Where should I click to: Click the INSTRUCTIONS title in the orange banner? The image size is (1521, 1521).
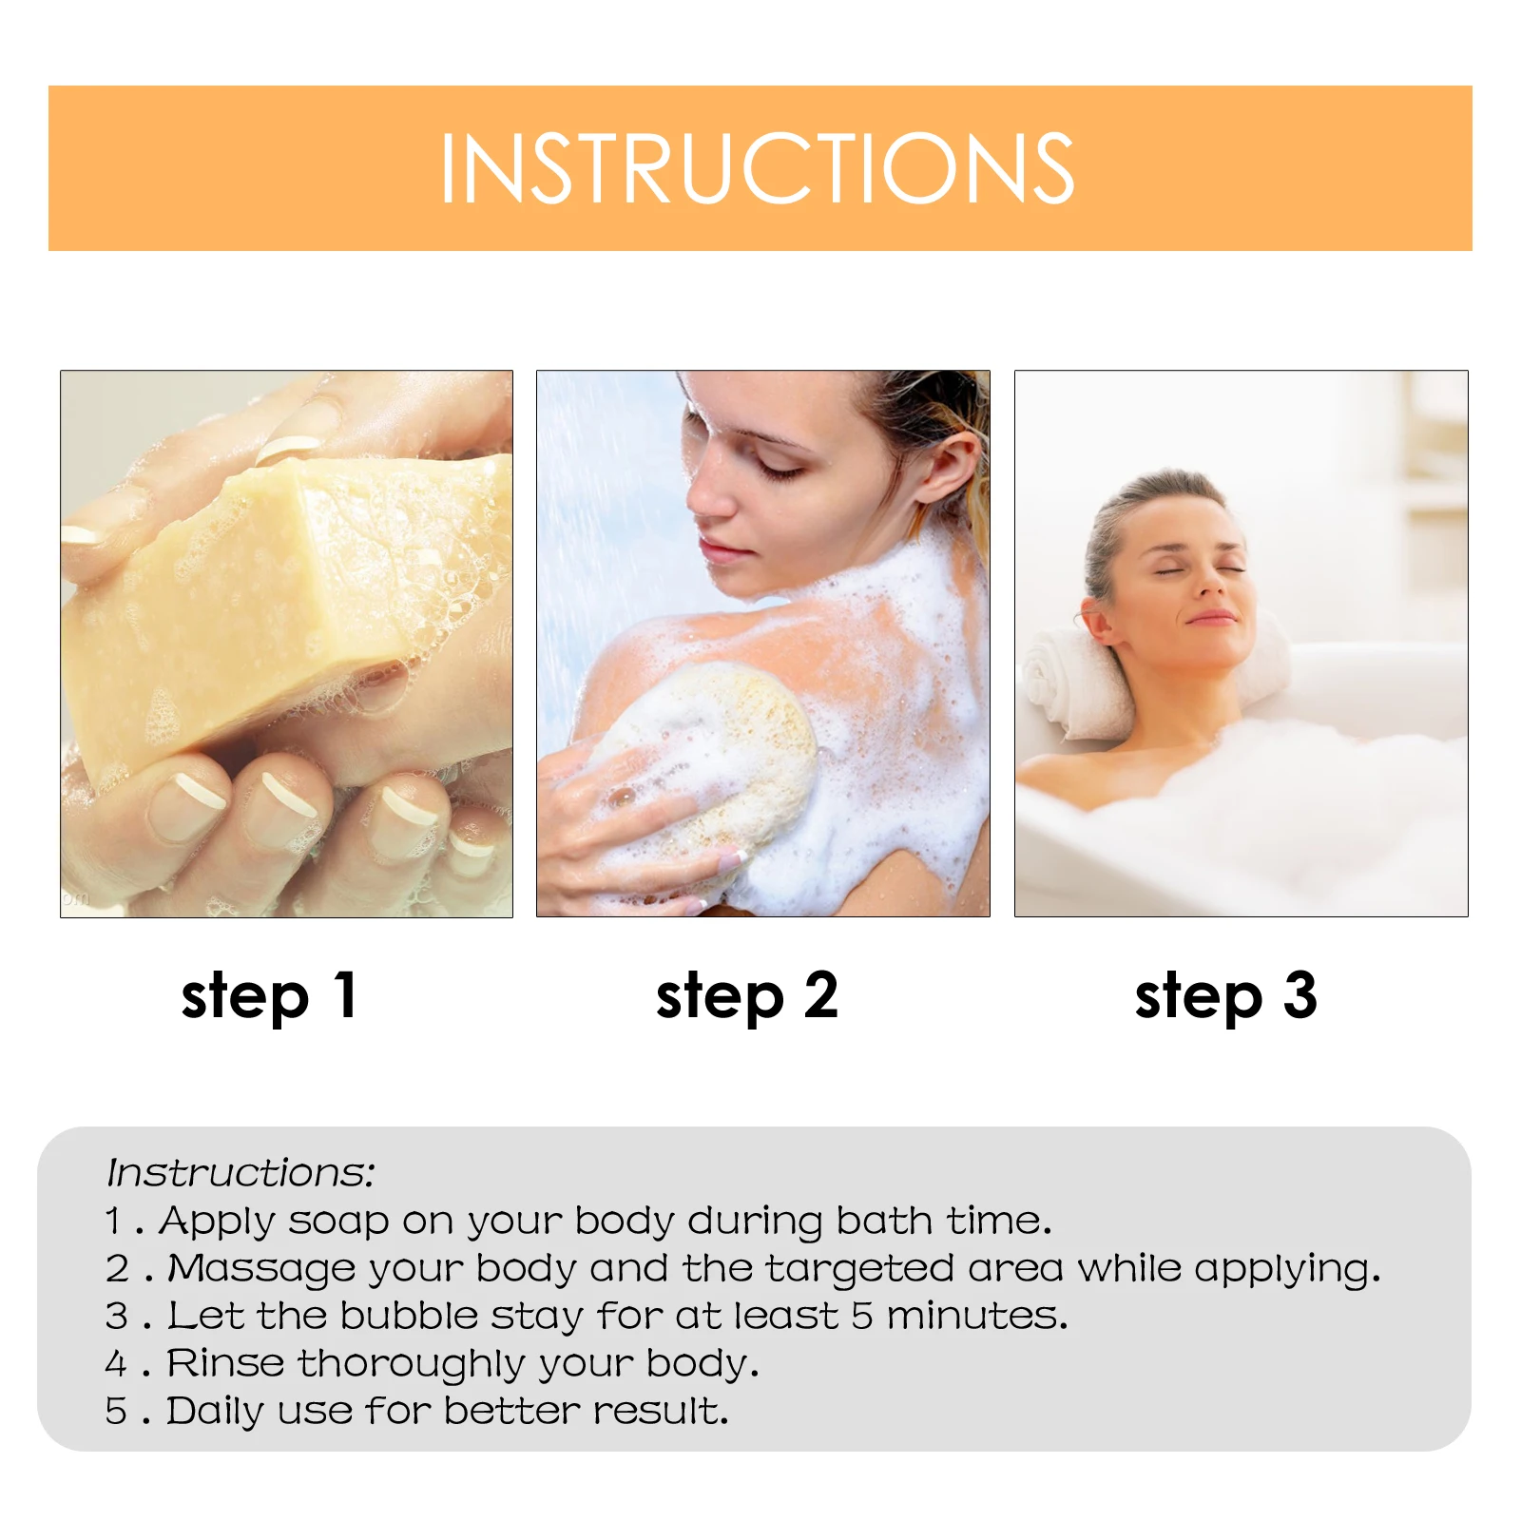(x=758, y=168)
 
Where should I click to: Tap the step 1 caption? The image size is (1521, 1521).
(x=269, y=996)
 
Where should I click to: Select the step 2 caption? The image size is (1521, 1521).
(x=747, y=996)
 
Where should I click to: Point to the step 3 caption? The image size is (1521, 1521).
(x=1226, y=996)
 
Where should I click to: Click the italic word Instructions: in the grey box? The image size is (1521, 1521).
(x=241, y=1173)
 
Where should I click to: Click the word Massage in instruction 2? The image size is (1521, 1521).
(x=261, y=1269)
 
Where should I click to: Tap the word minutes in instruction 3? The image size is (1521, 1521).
(x=977, y=1317)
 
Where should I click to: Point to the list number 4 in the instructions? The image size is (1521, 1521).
(x=116, y=1364)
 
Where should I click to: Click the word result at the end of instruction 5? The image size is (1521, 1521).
(x=660, y=1412)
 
